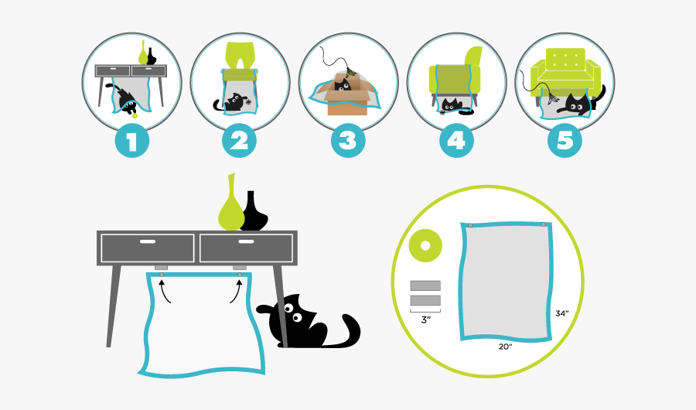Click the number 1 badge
131,141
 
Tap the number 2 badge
240,141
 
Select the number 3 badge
348,141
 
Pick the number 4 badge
456,141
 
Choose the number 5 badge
565,141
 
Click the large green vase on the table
230,209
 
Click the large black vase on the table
253,213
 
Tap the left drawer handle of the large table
147,243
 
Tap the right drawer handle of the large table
246,243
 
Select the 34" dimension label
562,313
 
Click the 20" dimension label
506,347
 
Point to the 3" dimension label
425,319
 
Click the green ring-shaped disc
425,247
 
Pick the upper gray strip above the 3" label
425,285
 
